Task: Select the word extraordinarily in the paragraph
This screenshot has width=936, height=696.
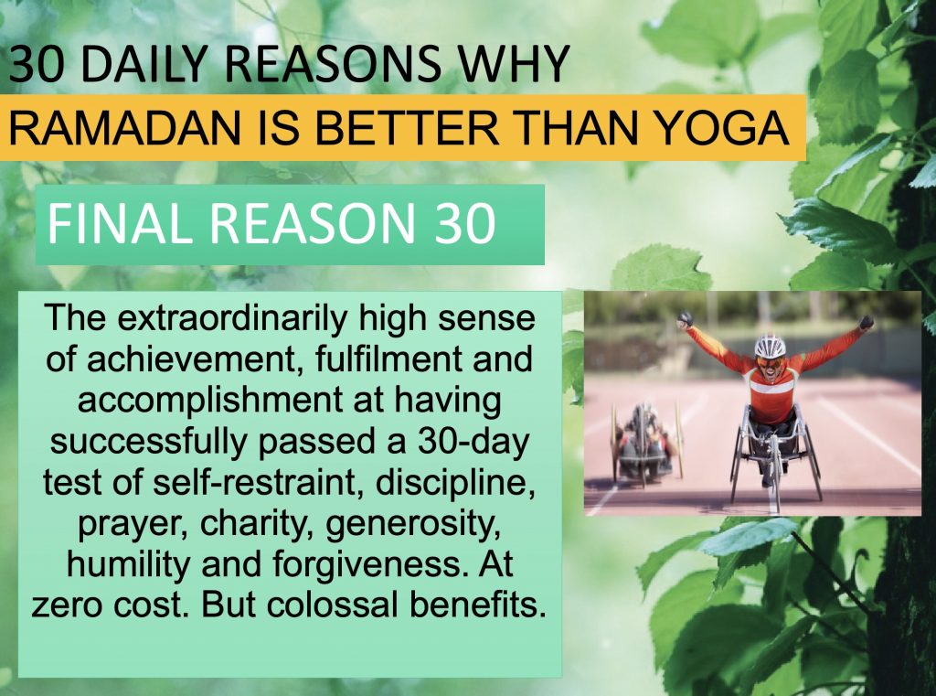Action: (232, 318)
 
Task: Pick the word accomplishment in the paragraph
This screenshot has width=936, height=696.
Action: (210, 401)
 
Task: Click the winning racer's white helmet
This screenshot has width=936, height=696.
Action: (770, 346)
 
